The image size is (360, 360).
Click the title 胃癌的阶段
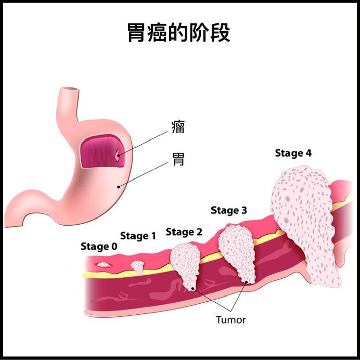[179, 32]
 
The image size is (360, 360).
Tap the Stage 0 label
[99, 247]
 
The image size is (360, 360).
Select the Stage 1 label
[138, 236]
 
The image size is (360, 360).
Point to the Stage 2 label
[184, 232]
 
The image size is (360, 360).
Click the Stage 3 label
[229, 211]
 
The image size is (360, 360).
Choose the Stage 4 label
[293, 153]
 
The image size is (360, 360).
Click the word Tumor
[230, 320]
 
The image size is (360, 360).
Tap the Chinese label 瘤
[178, 126]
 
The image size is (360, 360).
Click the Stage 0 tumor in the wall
[104, 265]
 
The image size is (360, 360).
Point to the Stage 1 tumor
[137, 267]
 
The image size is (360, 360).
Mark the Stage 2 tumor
[186, 266]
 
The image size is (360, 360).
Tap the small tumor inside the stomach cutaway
[118, 155]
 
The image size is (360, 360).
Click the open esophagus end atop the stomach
[70, 88]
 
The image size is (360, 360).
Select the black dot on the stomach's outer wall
[119, 187]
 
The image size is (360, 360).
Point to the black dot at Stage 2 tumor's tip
[193, 289]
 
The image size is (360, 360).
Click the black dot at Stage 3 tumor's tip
[246, 282]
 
